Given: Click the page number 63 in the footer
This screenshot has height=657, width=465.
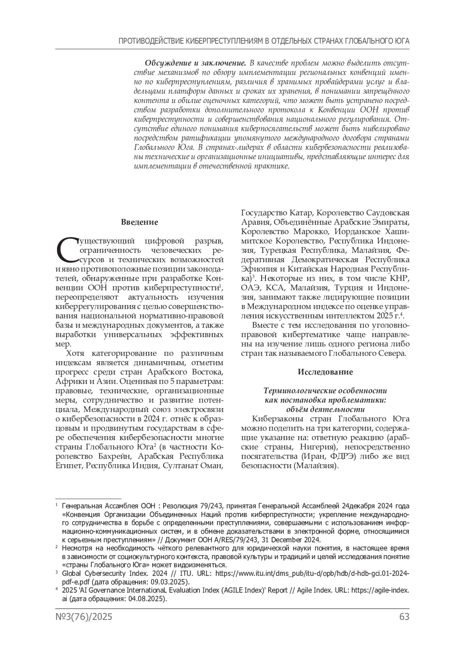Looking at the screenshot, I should coord(404,617).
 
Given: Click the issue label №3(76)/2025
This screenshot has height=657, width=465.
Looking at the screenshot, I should coord(84,617).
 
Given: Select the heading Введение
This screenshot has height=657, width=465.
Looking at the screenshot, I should coord(139,223).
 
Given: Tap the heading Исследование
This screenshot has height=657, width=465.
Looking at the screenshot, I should coord(325,372).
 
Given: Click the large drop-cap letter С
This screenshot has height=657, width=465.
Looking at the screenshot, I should coord(66,250).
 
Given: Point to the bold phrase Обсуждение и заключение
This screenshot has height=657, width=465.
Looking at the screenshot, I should coord(196,63).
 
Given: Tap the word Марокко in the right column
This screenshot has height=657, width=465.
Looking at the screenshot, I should coord(310,232).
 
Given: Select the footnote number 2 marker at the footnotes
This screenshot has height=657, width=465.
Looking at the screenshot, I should coord(57,547).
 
